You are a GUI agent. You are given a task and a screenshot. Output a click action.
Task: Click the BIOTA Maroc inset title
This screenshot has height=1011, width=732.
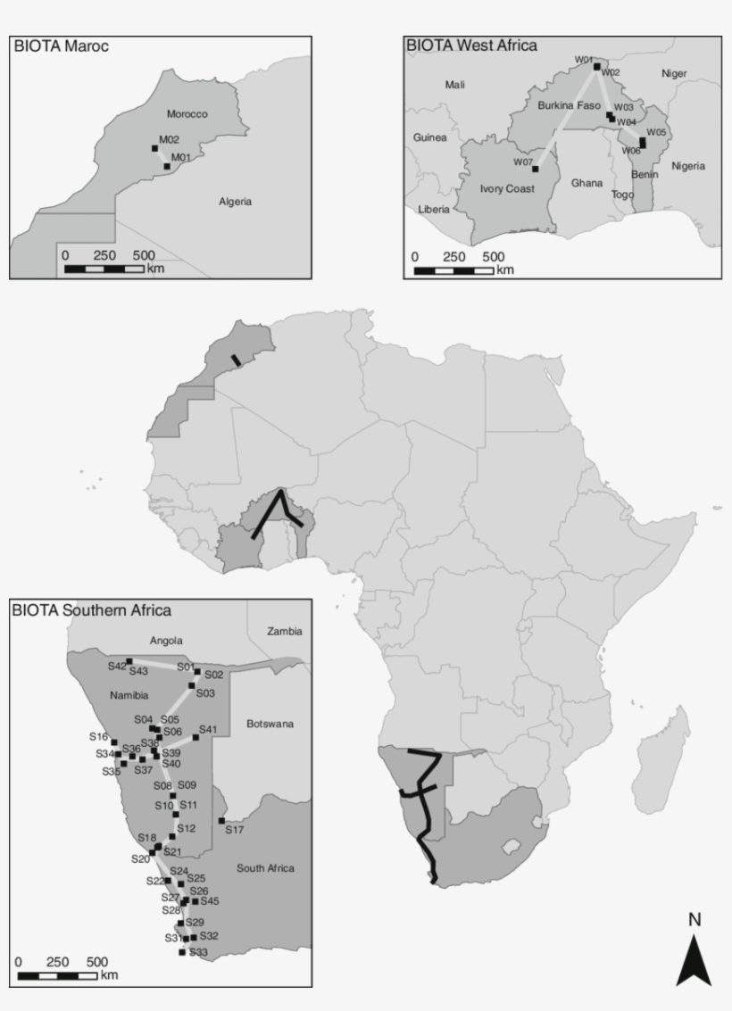point(61,46)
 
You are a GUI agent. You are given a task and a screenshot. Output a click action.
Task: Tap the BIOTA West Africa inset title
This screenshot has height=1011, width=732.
point(471,45)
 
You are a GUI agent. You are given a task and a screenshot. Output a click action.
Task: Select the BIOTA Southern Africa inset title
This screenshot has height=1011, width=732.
point(91,610)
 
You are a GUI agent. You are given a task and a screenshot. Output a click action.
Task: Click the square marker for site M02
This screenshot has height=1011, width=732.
point(154,149)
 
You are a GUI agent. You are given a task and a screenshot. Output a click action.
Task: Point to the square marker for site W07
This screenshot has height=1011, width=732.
point(536,169)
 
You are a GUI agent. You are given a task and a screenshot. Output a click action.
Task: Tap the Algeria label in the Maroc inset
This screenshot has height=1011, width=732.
point(235,202)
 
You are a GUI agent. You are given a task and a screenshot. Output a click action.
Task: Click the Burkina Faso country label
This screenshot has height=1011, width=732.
point(569,105)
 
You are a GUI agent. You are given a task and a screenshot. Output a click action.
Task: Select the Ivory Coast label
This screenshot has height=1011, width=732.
point(507,189)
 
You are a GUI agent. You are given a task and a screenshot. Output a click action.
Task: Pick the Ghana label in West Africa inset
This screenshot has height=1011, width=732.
point(586,183)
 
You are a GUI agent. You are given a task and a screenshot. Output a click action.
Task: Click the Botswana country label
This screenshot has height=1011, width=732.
point(270,724)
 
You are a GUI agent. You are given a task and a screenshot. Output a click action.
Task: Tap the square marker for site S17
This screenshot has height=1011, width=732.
point(221,820)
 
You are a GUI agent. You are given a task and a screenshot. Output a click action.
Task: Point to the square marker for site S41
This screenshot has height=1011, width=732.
point(195,738)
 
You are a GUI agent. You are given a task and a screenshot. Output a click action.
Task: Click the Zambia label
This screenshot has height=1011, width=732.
point(285,631)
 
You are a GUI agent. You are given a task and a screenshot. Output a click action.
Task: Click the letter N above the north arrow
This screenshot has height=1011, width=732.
point(695,919)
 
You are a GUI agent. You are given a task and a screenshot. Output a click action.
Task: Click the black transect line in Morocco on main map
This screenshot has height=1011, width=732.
point(236,360)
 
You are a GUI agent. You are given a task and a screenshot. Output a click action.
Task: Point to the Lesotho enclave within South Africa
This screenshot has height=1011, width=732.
point(512,846)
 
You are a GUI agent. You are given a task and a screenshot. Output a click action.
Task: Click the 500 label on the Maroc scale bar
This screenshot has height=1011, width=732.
point(144,255)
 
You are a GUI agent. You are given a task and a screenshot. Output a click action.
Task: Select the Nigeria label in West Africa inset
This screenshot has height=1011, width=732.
point(688,166)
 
